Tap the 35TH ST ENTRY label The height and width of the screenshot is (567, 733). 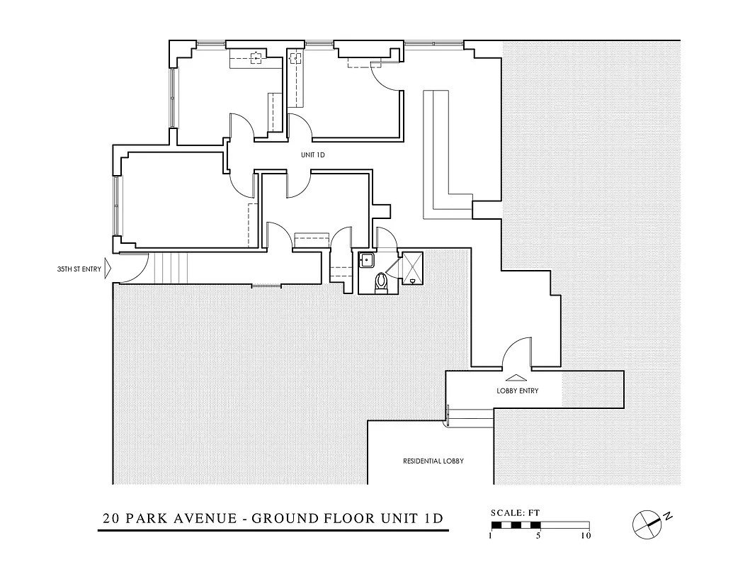[79, 269]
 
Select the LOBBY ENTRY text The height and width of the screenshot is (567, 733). [517, 391]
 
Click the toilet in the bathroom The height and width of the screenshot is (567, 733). [382, 283]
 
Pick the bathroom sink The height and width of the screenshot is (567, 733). [366, 260]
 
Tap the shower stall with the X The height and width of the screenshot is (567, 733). [411, 268]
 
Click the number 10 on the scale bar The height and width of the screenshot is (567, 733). [586, 537]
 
